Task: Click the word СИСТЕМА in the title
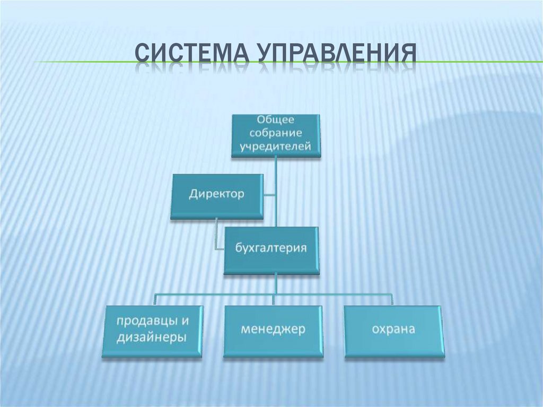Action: [192, 55]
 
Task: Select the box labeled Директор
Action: [217, 195]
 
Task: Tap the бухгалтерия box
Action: [271, 249]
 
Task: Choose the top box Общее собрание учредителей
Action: [276, 135]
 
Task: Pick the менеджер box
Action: [273, 330]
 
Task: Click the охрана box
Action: [393, 330]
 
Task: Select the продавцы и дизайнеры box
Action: [153, 330]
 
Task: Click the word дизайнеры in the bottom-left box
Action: [153, 337]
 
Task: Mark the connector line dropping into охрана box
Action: [393, 298]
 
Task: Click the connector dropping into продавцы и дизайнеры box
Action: [155, 298]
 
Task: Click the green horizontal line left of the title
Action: [80, 62]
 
